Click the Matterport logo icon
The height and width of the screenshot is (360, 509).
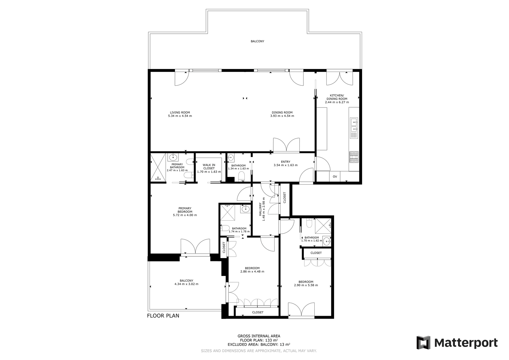pyautogui.click(x=423, y=342)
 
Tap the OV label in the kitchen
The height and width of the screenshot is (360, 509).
pyautogui.click(x=335, y=177)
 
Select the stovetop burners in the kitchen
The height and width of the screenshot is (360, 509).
pyautogui.click(x=354, y=157)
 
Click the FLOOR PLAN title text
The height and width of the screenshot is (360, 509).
pyautogui.click(x=163, y=316)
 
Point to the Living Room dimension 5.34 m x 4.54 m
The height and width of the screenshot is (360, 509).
pyautogui.click(x=180, y=116)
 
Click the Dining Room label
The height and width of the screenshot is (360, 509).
pyautogui.click(x=282, y=112)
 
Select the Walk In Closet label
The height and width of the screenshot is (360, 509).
pyautogui.click(x=209, y=166)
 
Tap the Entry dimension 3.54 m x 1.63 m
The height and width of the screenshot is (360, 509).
pyautogui.click(x=286, y=165)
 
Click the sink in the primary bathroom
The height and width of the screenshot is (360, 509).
pyautogui.click(x=173, y=157)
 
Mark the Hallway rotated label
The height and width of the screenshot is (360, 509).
pyautogui.click(x=261, y=209)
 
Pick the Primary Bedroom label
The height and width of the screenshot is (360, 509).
pyautogui.click(x=185, y=210)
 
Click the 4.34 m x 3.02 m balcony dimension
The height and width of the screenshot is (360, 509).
pyautogui.click(x=186, y=284)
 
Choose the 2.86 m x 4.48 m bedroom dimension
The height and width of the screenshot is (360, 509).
pyautogui.click(x=252, y=272)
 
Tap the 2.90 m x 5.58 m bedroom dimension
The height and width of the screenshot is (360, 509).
pyautogui.click(x=306, y=285)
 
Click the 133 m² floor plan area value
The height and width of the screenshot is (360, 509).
pyautogui.click(x=272, y=340)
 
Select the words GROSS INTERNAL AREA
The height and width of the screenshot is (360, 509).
pyautogui.click(x=259, y=336)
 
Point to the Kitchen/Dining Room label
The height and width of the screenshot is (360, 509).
pyautogui.click(x=337, y=97)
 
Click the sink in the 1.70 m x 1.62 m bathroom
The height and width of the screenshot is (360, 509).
pyautogui.click(x=326, y=241)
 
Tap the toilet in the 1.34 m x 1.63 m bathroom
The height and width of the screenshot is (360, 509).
pyautogui.click(x=241, y=176)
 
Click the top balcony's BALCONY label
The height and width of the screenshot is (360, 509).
pyautogui.click(x=257, y=41)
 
